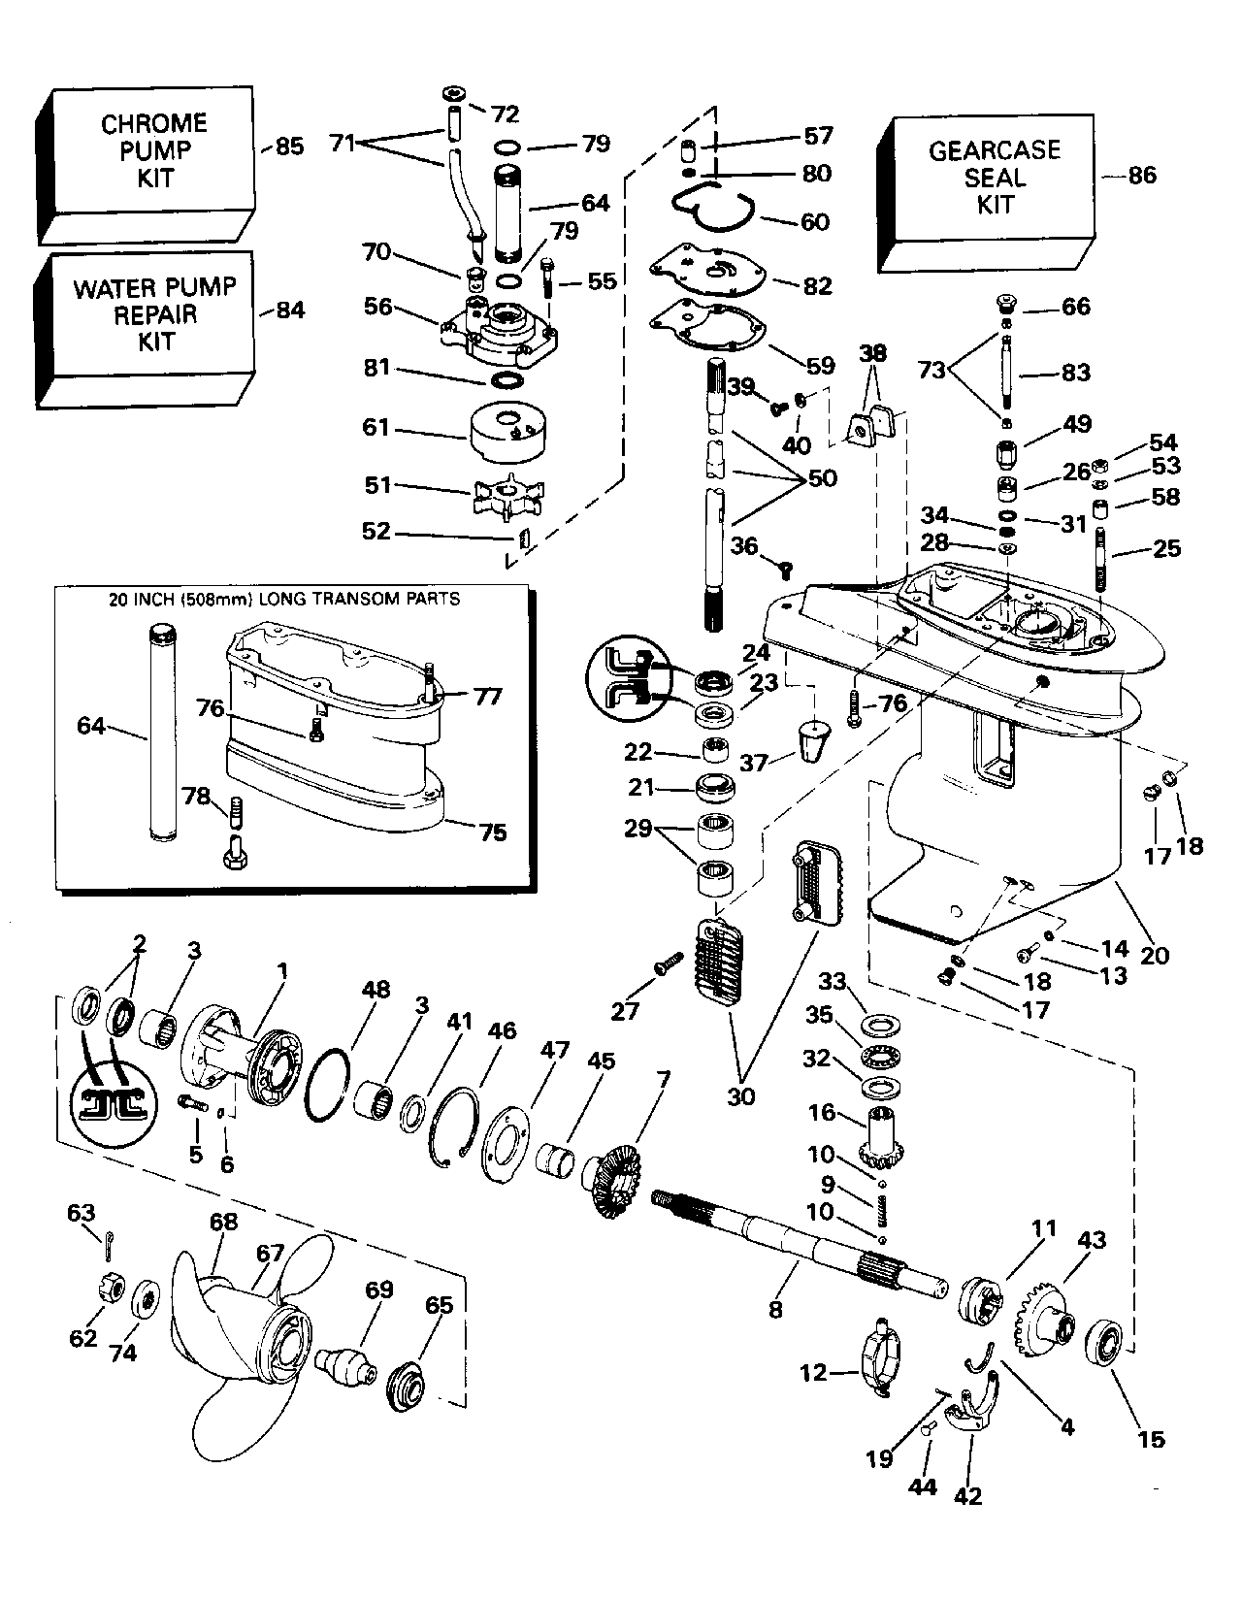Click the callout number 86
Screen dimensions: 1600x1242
[1142, 176]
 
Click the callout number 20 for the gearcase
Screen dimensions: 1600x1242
[1154, 955]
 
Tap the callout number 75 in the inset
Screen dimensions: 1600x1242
[493, 833]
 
